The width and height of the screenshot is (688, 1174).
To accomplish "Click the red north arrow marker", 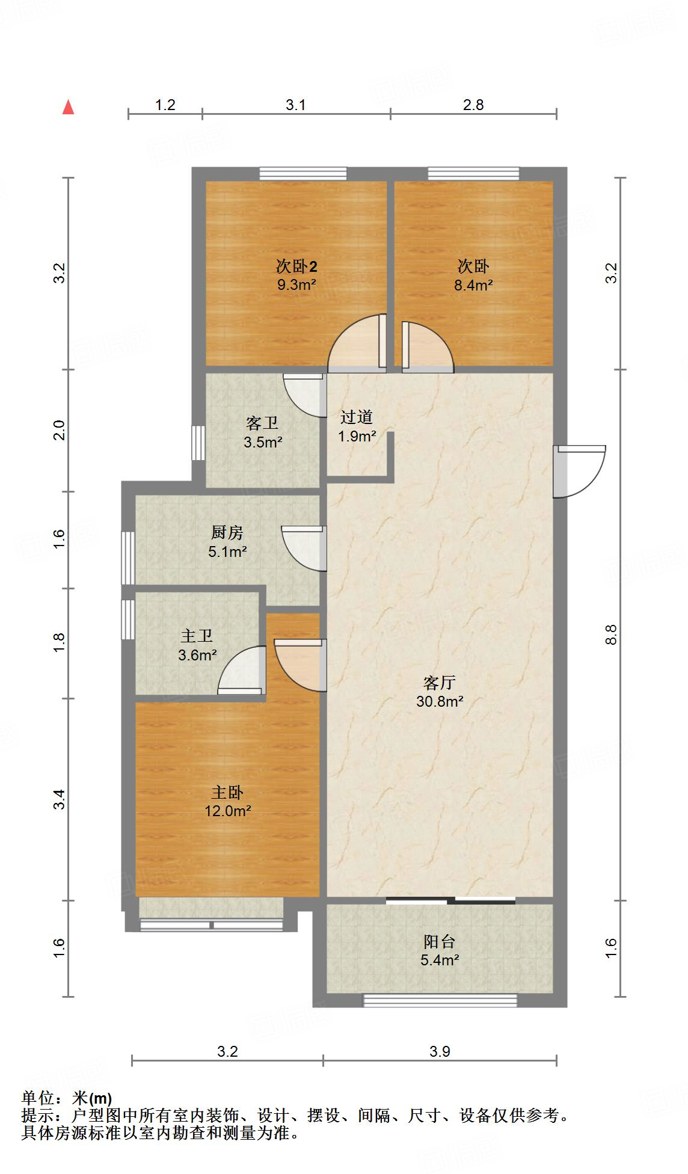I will click(69, 107).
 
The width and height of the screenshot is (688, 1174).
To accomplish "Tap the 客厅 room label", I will click(440, 683).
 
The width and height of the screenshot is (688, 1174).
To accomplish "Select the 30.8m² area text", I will click(440, 701).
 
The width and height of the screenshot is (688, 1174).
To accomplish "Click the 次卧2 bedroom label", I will click(296, 266).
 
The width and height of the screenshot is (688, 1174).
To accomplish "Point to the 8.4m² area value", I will click(473, 285).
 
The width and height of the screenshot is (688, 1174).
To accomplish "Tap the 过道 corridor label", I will click(357, 417).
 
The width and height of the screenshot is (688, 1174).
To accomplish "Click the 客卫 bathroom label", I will click(262, 423).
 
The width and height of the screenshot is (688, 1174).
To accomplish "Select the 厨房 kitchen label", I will click(227, 532).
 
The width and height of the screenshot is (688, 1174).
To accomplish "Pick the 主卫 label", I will click(197, 636).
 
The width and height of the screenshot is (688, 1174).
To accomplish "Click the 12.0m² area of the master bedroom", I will click(227, 811).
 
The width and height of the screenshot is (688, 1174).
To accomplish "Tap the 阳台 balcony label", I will click(440, 941).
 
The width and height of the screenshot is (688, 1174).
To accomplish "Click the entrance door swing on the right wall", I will click(579, 471).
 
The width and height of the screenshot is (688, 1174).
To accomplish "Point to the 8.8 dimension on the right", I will click(612, 635).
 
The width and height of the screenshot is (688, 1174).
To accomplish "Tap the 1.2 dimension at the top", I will click(165, 105).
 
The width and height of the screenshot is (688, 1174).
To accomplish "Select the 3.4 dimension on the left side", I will click(59, 799).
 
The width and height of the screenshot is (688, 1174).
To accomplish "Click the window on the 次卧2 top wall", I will click(303, 174).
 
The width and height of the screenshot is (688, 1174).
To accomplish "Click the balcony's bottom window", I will click(440, 1000).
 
